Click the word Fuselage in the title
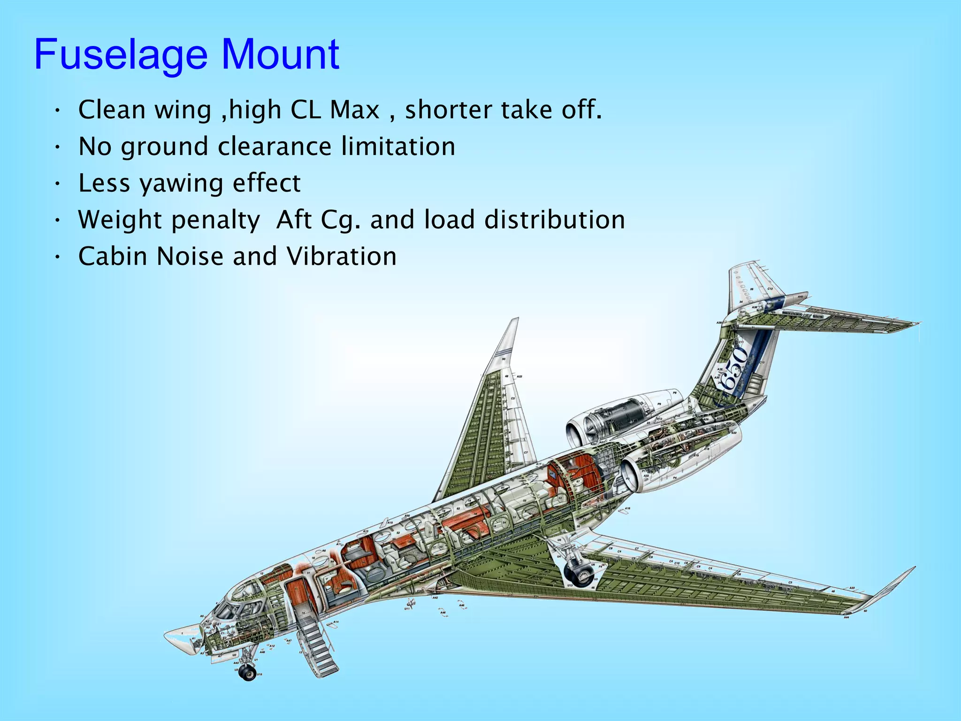coord(121,55)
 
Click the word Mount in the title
coord(280,55)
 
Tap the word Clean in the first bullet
coord(112,110)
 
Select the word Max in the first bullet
coord(354,110)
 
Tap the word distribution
coord(555,220)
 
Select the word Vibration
coord(342,256)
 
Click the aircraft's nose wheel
coord(247,672)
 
